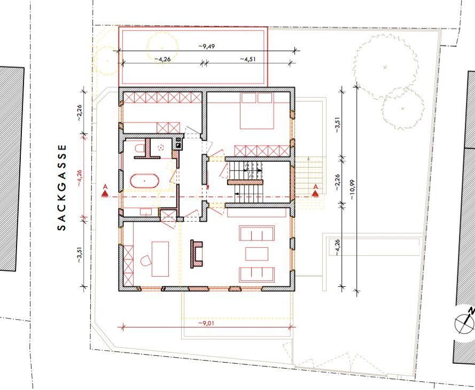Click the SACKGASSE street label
[61, 188]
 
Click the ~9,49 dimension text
[207, 46]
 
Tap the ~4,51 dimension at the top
[248, 59]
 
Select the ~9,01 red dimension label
[206, 323]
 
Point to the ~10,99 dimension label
[352, 190]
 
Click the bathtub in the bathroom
[144, 181]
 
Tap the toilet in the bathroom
[139, 149]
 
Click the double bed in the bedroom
[257, 111]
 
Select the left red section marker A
[105, 191]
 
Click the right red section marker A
[315, 191]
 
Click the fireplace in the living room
[197, 254]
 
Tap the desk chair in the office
[146, 260]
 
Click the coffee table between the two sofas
[256, 254]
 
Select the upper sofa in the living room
[257, 233]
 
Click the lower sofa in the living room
[257, 275]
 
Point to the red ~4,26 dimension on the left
[80, 178]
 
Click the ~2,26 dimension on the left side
[80, 113]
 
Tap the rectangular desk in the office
[160, 259]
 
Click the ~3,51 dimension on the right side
[338, 125]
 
